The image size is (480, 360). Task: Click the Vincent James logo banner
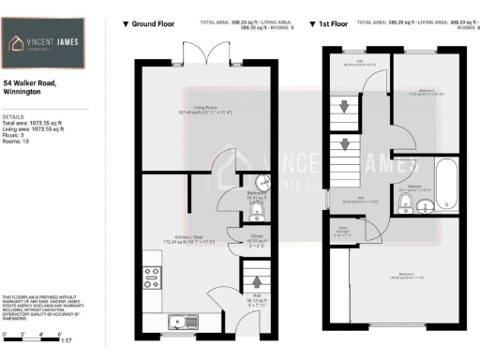point(44,44)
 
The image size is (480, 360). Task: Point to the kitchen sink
point(179,322)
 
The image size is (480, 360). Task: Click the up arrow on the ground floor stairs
point(253,280)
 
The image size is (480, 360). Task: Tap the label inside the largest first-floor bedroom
point(404,275)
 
